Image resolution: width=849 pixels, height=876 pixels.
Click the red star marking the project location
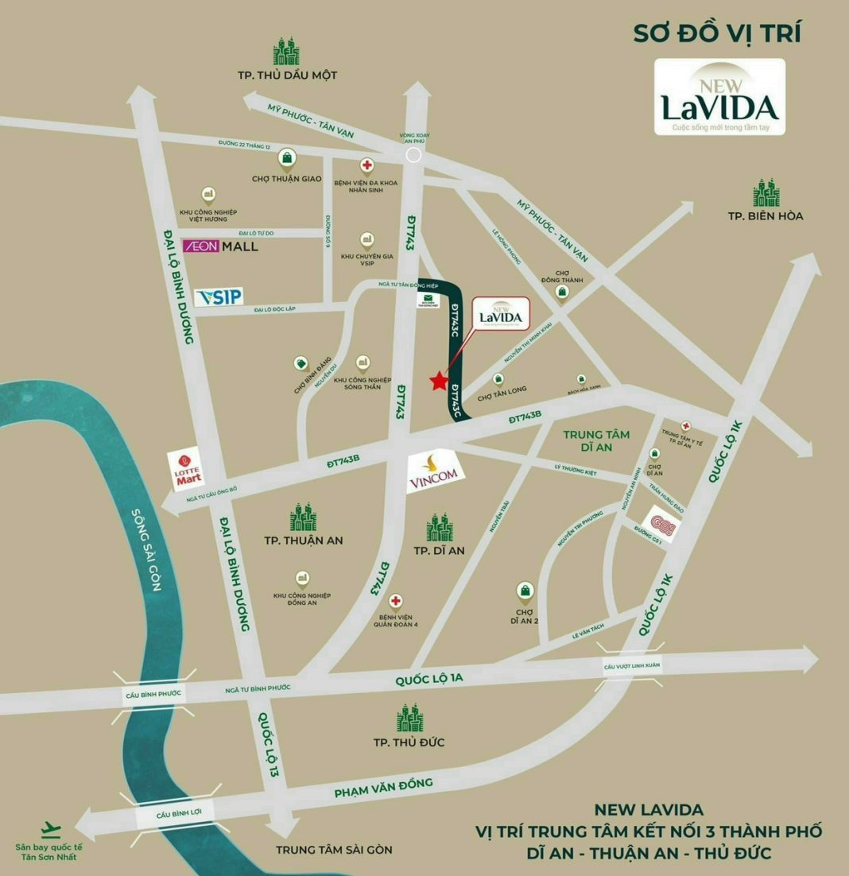[x=438, y=382]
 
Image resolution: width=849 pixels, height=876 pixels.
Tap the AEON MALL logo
[x=221, y=246]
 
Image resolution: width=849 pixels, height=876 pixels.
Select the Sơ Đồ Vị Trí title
[x=716, y=34]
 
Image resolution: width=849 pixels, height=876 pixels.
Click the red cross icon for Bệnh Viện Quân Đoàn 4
[x=395, y=601]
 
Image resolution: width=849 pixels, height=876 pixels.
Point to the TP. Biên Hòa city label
[x=766, y=215]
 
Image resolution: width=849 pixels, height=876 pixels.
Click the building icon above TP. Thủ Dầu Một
[x=286, y=52]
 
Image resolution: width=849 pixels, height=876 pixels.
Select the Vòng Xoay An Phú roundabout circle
[x=413, y=155]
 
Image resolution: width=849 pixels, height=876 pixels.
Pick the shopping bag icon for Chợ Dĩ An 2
[x=525, y=590]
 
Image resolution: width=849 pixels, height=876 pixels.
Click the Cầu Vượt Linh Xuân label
[x=632, y=665]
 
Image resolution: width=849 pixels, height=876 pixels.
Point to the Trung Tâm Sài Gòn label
[x=334, y=850]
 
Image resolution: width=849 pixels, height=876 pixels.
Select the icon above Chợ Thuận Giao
[x=286, y=158]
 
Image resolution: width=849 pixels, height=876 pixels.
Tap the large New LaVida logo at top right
[x=719, y=97]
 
